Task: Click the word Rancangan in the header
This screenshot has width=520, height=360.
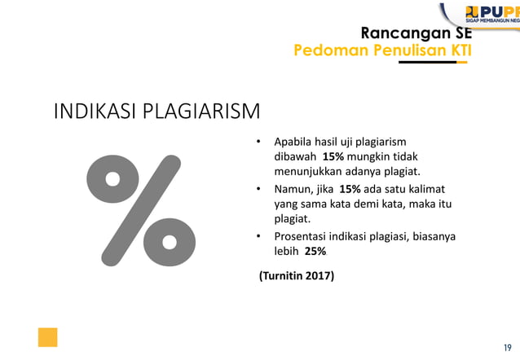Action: click(396, 33)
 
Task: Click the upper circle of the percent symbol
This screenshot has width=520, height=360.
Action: click(112, 178)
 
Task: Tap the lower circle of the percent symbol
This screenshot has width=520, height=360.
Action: click(170, 241)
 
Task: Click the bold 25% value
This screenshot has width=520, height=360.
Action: click(315, 252)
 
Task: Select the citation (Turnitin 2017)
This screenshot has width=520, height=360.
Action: click(297, 276)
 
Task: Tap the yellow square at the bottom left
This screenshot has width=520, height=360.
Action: click(47, 337)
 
